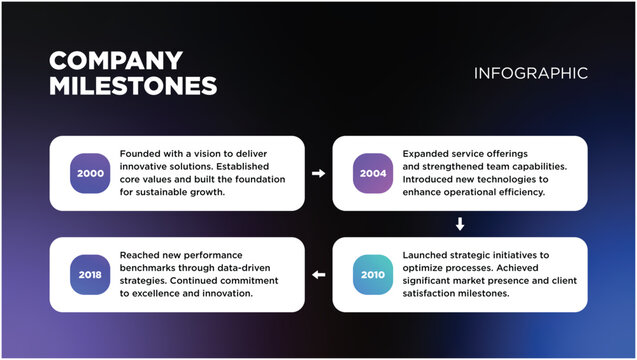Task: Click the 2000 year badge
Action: [x=91, y=173]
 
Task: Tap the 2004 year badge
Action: [x=373, y=173]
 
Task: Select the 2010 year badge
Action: [x=373, y=274]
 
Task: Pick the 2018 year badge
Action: [x=91, y=274]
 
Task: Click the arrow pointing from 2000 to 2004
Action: [x=319, y=173]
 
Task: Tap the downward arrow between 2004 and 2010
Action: [x=460, y=223]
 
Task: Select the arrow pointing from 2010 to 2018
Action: [x=319, y=274]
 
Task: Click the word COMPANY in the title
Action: [x=116, y=60]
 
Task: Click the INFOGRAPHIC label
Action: [x=531, y=73]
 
